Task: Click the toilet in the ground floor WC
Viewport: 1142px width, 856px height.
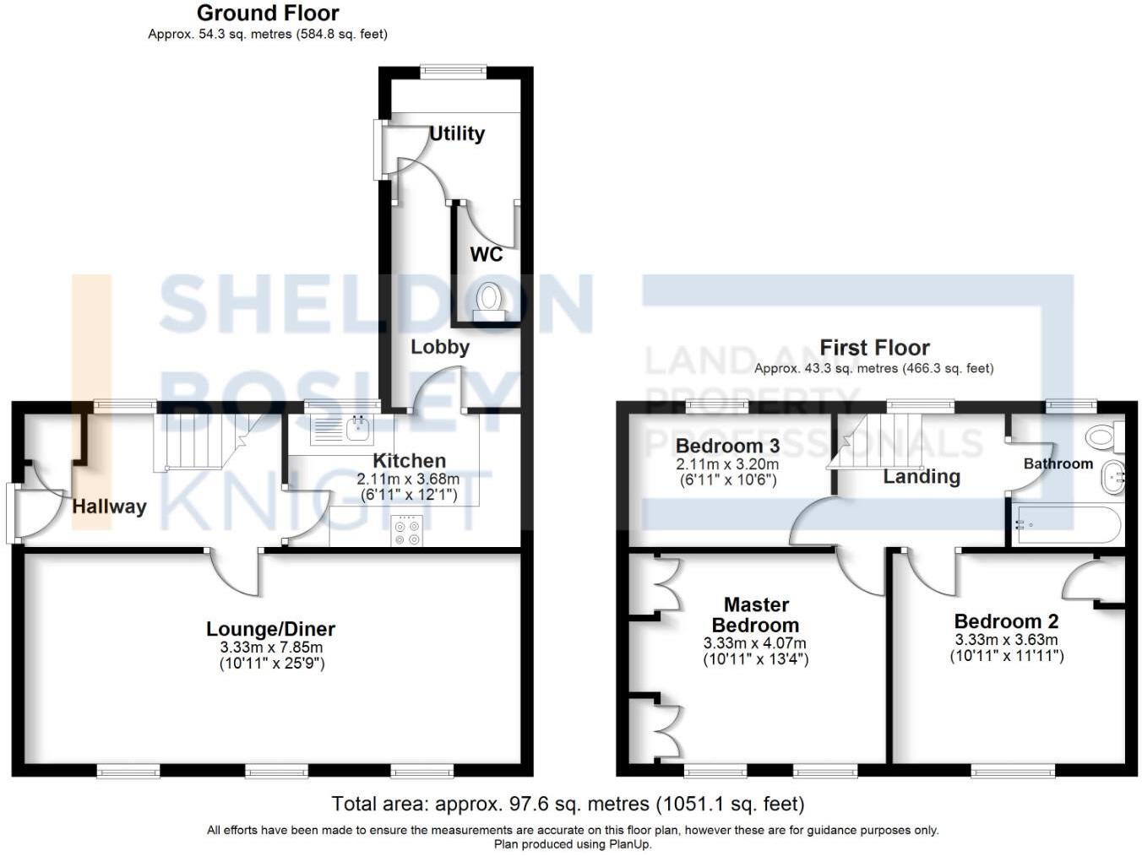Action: [x=488, y=301]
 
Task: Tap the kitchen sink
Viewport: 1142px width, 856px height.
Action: [x=359, y=429]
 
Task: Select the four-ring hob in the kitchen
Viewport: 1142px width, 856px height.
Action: [x=407, y=531]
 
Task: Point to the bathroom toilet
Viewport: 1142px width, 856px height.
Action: [x=1103, y=436]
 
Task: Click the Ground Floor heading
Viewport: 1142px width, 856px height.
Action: [x=268, y=14]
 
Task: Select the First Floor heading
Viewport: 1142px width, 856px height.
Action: [x=874, y=348]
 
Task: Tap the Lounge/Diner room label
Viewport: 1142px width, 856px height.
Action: [x=270, y=629]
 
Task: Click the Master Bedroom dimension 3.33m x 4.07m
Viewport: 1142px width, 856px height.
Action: [x=754, y=643]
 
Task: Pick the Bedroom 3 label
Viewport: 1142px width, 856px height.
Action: [x=727, y=446]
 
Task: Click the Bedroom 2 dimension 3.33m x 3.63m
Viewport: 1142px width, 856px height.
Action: [x=1006, y=640]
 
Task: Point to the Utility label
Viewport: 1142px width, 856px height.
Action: [x=457, y=133]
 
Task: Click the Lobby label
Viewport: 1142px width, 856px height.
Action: [x=439, y=347]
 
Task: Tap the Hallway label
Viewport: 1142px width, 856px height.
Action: [x=109, y=507]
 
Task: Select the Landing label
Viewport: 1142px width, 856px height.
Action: [x=922, y=477]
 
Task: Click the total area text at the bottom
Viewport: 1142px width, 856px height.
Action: [x=568, y=804]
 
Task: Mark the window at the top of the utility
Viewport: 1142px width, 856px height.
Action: [x=454, y=72]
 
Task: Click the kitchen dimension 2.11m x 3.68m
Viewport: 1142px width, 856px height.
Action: [x=409, y=479]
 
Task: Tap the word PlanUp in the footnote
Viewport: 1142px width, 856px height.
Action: [x=629, y=844]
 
